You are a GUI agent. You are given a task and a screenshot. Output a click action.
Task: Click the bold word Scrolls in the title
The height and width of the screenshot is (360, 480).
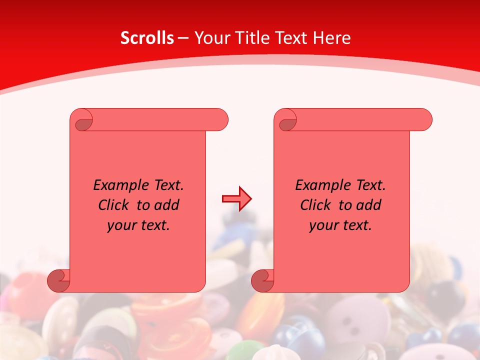click(x=147, y=37)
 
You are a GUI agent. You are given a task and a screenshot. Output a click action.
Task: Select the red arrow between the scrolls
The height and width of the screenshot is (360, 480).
click(x=236, y=199)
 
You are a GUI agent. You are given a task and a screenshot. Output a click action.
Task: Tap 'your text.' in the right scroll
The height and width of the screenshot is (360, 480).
click(x=340, y=225)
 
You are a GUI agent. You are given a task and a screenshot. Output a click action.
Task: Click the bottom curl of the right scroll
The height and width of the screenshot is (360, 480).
click(x=262, y=281)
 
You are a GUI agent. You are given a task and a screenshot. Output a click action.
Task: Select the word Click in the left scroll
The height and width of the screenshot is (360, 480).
click(x=112, y=205)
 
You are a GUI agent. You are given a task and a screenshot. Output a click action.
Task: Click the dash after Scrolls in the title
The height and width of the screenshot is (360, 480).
click(x=183, y=37)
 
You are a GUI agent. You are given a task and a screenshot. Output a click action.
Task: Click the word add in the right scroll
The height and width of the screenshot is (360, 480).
click(x=369, y=205)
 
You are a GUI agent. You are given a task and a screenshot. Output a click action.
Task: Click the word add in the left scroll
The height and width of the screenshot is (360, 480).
click(x=167, y=205)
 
